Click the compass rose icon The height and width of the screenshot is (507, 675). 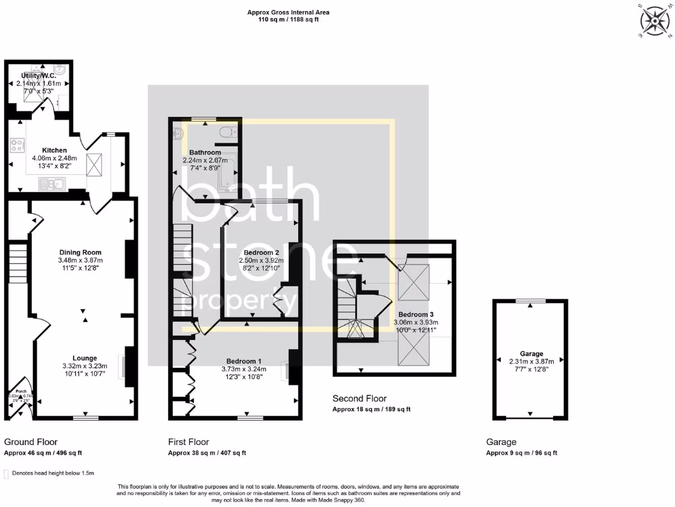655,20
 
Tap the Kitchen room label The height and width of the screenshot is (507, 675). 54,150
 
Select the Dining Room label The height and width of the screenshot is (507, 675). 80,252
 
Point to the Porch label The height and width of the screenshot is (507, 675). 20,391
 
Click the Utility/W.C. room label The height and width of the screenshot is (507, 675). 39,77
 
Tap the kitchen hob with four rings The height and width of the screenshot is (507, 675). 16,146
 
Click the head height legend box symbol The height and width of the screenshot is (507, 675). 7,473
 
